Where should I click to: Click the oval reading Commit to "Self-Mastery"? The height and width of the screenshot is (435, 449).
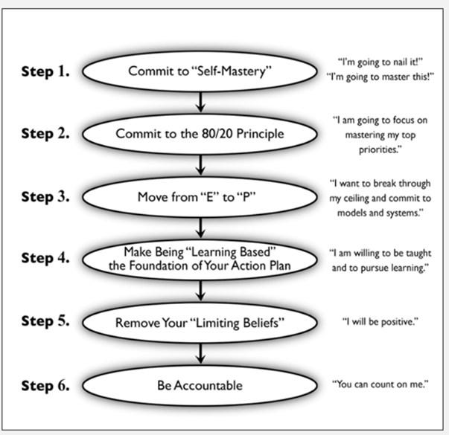[x=200, y=72]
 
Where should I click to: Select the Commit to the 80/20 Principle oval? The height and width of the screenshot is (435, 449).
[x=200, y=135]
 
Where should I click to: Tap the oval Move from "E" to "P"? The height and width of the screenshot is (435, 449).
[x=200, y=198]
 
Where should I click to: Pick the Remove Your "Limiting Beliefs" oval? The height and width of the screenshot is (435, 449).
[x=200, y=323]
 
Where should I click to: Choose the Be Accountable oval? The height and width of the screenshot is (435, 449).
[x=200, y=386]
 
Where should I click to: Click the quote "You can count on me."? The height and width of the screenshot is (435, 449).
[x=380, y=385]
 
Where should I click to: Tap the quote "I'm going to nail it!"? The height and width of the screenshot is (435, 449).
[x=378, y=64]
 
